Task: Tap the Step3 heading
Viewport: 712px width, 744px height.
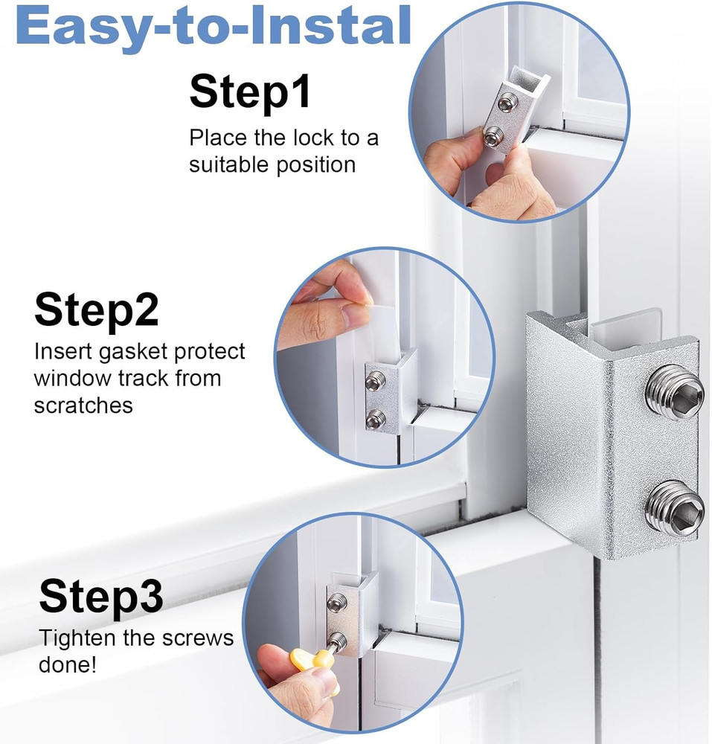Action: click(100, 597)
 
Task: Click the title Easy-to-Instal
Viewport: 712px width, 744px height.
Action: click(213, 26)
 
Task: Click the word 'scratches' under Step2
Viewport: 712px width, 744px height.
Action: click(83, 405)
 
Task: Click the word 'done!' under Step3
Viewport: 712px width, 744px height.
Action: click(68, 664)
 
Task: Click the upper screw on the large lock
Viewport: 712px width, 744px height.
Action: click(675, 392)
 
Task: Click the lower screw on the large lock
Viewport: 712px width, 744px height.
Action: click(674, 510)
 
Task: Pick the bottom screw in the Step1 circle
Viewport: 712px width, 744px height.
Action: click(493, 137)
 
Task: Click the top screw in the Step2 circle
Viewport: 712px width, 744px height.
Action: click(376, 382)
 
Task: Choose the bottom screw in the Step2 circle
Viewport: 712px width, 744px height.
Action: click(376, 419)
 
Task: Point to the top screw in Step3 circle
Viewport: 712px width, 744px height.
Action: click(337, 603)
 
